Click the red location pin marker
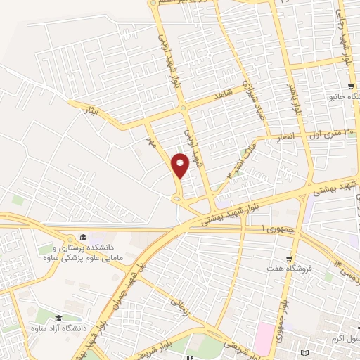[x=181, y=167]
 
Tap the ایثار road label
[x=96, y=111]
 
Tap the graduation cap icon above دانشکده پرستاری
[x=82, y=237]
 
